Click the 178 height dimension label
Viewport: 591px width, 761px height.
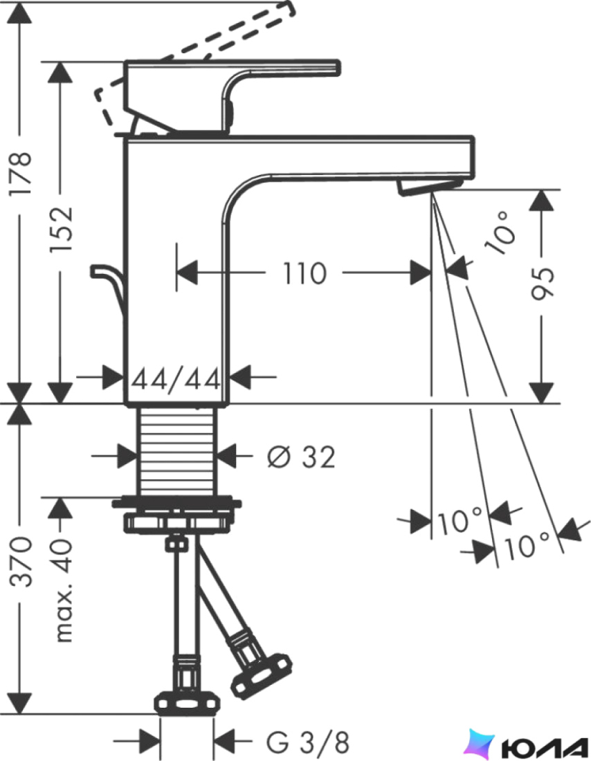pos(21,173)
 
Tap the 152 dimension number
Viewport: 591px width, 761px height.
pos(62,229)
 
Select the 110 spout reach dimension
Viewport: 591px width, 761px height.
pos(304,273)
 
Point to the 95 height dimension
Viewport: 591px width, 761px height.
pos(541,283)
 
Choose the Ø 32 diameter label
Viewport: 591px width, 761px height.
pos(301,457)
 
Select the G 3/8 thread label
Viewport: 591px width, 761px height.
pos(307,741)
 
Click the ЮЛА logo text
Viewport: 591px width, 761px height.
pos(545,746)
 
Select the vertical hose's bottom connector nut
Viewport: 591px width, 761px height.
pos(187,702)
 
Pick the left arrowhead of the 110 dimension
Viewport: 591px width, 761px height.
pos(187,273)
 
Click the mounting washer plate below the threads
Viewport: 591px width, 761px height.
pos(176,502)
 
